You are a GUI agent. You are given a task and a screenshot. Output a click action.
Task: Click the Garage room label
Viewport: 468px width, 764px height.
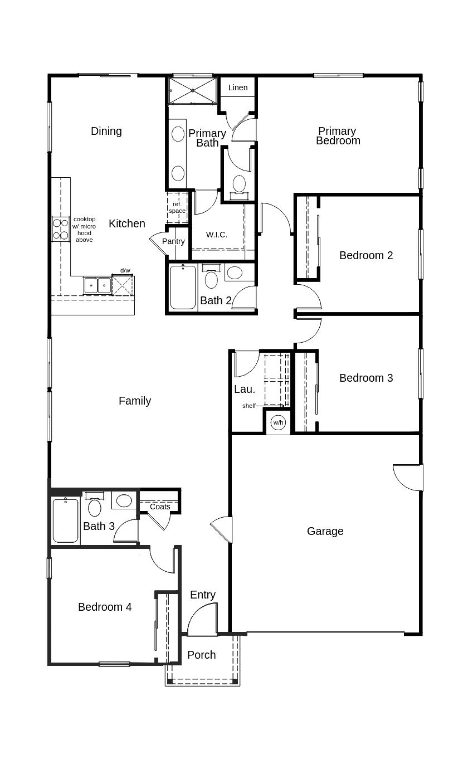[x=325, y=531]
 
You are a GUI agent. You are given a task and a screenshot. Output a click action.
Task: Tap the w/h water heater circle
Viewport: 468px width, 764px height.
[x=278, y=422]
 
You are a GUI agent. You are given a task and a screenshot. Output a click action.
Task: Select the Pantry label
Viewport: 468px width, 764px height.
[x=173, y=241]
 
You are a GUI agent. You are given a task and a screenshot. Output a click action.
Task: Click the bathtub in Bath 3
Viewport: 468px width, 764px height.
[x=66, y=520]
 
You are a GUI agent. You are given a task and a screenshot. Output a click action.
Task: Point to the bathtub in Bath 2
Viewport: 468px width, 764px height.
[x=183, y=288]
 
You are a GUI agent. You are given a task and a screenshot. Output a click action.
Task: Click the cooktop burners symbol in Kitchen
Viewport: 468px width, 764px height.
[x=60, y=229]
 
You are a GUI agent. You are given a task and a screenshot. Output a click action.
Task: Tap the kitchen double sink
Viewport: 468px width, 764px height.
[x=97, y=285]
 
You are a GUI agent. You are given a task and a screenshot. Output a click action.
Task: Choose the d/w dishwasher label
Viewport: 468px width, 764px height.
[x=125, y=270]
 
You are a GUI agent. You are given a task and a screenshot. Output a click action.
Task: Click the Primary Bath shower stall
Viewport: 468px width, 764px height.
[x=192, y=90]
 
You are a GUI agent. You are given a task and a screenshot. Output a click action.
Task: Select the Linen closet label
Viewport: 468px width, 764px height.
[x=238, y=87]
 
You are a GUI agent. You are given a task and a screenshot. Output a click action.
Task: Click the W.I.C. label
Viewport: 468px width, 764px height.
[x=217, y=235]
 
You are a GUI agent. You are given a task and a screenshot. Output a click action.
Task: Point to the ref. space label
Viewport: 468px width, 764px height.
[x=177, y=207]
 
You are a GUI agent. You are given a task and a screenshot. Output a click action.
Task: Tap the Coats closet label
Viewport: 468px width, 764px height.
[x=160, y=507]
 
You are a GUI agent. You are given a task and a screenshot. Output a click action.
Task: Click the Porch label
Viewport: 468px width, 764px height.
[x=201, y=655]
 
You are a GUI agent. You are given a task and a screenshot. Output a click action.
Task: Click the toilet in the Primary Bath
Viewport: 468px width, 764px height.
[x=239, y=184]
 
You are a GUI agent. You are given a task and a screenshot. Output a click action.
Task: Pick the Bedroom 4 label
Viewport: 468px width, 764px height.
[x=105, y=607]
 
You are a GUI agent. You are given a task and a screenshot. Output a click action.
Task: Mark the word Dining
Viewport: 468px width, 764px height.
[x=106, y=131]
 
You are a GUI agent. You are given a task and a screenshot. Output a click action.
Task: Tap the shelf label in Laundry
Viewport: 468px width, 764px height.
[x=248, y=406]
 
